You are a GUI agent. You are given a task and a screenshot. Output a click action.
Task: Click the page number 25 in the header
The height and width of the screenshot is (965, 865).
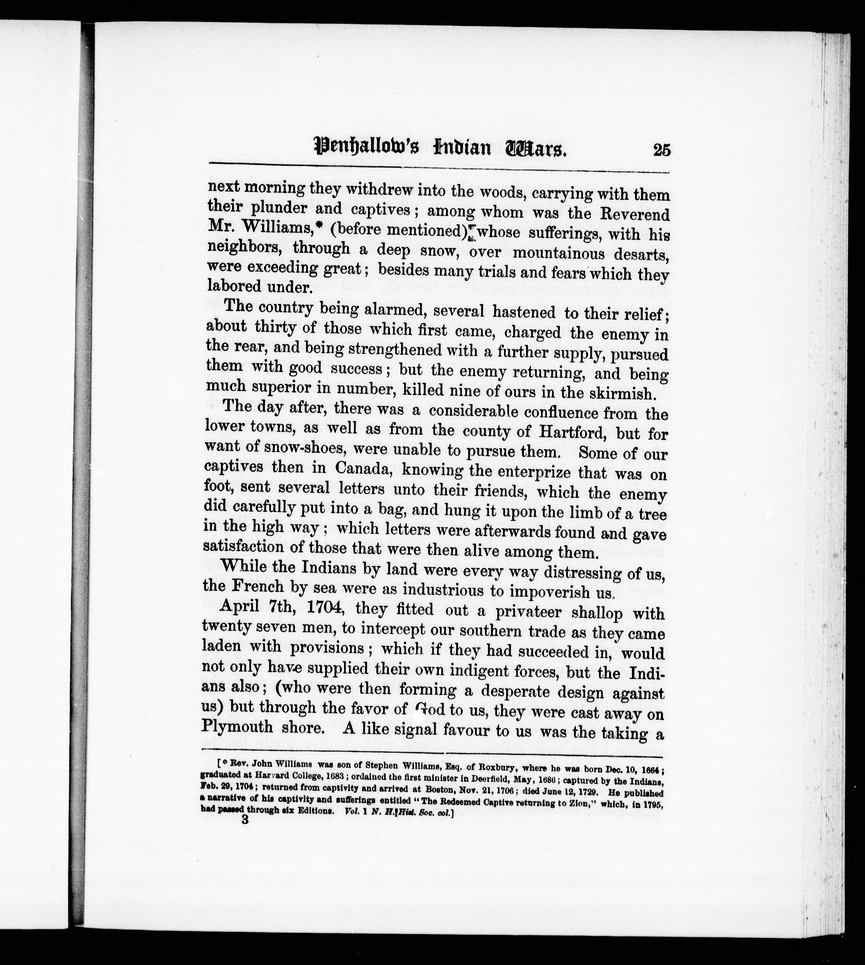click(662, 150)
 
